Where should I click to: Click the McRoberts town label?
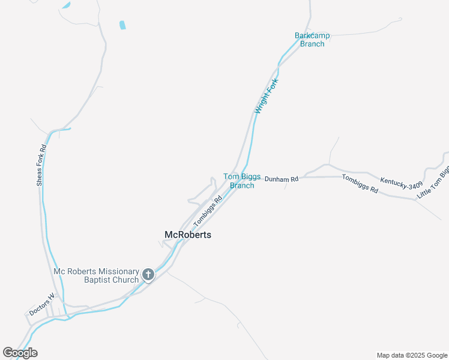[x=188, y=235]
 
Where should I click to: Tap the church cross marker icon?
[x=148, y=275]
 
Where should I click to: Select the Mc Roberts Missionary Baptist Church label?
[x=96, y=275]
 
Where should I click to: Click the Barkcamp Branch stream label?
[x=312, y=40]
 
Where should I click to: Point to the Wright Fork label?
[x=266, y=96]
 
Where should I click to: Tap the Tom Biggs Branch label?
[x=242, y=181]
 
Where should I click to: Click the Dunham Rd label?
[x=282, y=179]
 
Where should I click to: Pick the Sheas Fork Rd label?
[x=41, y=165]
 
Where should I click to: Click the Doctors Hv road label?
[x=42, y=305]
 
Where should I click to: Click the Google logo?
[x=20, y=353]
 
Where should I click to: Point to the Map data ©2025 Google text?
[x=411, y=355]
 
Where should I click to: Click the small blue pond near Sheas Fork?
[x=122, y=25]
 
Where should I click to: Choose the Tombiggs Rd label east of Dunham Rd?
[x=360, y=184]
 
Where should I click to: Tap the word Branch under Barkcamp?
[x=312, y=44]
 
